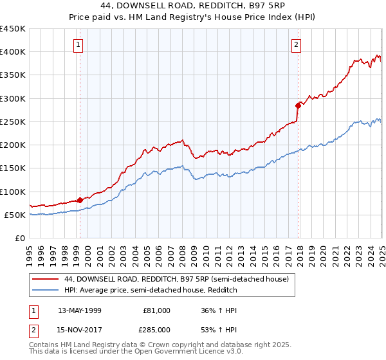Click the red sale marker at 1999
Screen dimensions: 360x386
80,200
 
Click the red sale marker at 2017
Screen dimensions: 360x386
298,105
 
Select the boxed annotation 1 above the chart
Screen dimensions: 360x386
78,44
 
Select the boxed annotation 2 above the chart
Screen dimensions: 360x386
296,44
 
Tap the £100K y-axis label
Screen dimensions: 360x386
13,192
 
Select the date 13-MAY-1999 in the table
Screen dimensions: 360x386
80,310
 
